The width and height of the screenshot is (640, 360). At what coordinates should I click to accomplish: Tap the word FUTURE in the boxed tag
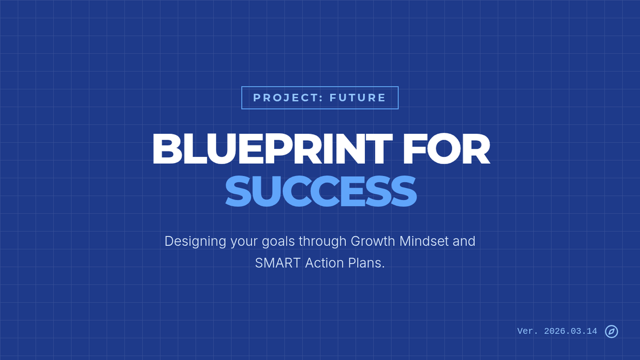357,98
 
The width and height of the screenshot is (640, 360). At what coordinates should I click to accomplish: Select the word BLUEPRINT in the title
273,149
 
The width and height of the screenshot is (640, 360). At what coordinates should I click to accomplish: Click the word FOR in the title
446,149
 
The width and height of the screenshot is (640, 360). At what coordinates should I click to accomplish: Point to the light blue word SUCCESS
321,191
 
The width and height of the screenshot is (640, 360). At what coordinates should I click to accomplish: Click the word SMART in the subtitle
278,263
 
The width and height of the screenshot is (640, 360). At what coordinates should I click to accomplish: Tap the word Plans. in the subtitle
366,263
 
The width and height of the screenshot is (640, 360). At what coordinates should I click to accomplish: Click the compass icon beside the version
611,331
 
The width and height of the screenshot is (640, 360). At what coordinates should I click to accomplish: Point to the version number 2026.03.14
571,331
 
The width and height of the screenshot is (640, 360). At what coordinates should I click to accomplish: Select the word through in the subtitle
323,242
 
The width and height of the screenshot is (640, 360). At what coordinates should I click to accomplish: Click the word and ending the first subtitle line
464,241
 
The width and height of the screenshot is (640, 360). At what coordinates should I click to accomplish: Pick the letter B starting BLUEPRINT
167,149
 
